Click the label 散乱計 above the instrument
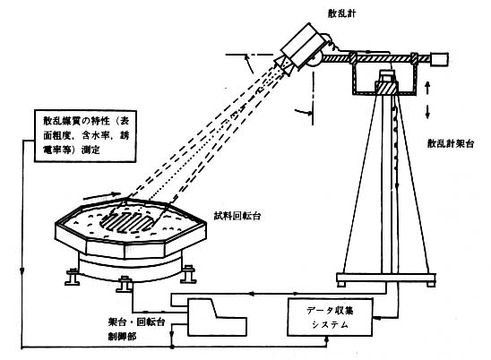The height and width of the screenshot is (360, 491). click(341, 13)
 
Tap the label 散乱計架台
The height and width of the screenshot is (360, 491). click(451, 143)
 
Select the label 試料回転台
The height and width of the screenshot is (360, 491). click(237, 217)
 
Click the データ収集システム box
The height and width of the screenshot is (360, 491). click(330, 317)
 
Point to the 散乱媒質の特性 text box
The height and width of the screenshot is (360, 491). click(85, 136)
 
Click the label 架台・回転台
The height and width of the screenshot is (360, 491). click(136, 322)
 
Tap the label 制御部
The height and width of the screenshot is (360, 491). click(122, 337)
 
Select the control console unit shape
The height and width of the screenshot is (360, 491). click(217, 317)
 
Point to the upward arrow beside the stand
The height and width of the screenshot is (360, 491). click(427, 87)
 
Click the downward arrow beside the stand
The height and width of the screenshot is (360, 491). click(427, 112)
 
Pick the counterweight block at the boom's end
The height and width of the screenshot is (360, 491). click(439, 59)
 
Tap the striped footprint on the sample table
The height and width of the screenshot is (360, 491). click(128, 221)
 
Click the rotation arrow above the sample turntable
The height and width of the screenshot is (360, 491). click(103, 197)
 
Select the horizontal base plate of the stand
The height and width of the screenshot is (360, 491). click(386, 278)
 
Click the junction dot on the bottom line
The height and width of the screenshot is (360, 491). click(172, 347)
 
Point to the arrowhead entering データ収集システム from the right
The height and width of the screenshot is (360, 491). click(376, 318)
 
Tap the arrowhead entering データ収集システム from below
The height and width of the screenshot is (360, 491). click(327, 339)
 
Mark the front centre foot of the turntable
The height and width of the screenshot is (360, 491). click(125, 284)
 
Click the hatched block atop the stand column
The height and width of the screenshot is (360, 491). click(386, 88)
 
